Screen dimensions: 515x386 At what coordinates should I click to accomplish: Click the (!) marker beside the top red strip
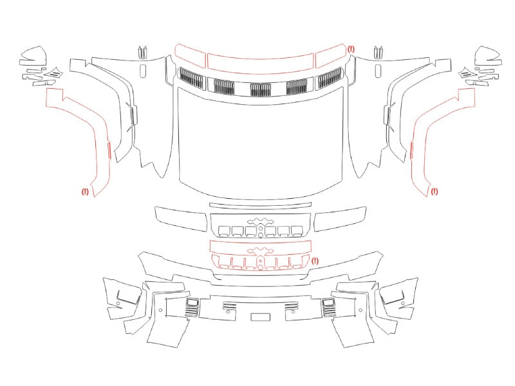pos(351,50)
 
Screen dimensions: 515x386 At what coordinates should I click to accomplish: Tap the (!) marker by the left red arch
pos(85,191)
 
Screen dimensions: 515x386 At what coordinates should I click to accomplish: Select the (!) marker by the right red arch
pos(434,191)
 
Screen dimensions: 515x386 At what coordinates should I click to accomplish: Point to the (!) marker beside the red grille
pos(315,261)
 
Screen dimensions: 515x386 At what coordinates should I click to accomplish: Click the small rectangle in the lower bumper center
pos(261,317)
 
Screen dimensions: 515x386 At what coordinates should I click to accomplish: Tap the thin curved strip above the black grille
pos(260,205)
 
